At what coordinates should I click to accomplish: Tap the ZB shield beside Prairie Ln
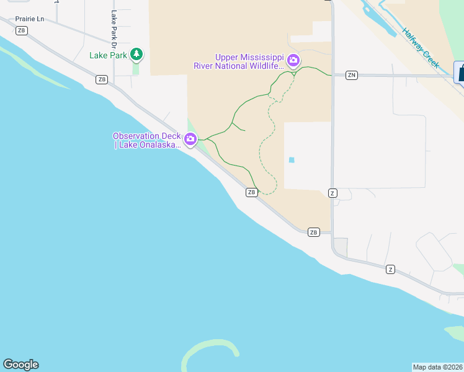[22, 30]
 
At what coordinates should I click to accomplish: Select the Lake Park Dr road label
[114, 29]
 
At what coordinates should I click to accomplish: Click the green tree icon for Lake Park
[137, 55]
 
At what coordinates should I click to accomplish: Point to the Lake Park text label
[109, 55]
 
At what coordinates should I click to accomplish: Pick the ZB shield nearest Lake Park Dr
[102, 79]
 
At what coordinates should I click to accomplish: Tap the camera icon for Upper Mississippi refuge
[293, 61]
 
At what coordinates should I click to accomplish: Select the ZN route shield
[352, 75]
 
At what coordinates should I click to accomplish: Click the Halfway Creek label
[420, 48]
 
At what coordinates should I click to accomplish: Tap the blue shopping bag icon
[461, 71]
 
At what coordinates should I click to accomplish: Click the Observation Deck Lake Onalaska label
[146, 141]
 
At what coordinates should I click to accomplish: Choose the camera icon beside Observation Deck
[190, 141]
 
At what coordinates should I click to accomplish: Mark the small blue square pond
[292, 160]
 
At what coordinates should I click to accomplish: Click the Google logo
[20, 365]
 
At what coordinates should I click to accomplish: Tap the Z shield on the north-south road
[332, 193]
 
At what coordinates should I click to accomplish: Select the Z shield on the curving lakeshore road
[390, 269]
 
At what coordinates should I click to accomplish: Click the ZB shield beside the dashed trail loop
[251, 192]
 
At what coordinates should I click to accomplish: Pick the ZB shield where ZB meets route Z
[313, 232]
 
